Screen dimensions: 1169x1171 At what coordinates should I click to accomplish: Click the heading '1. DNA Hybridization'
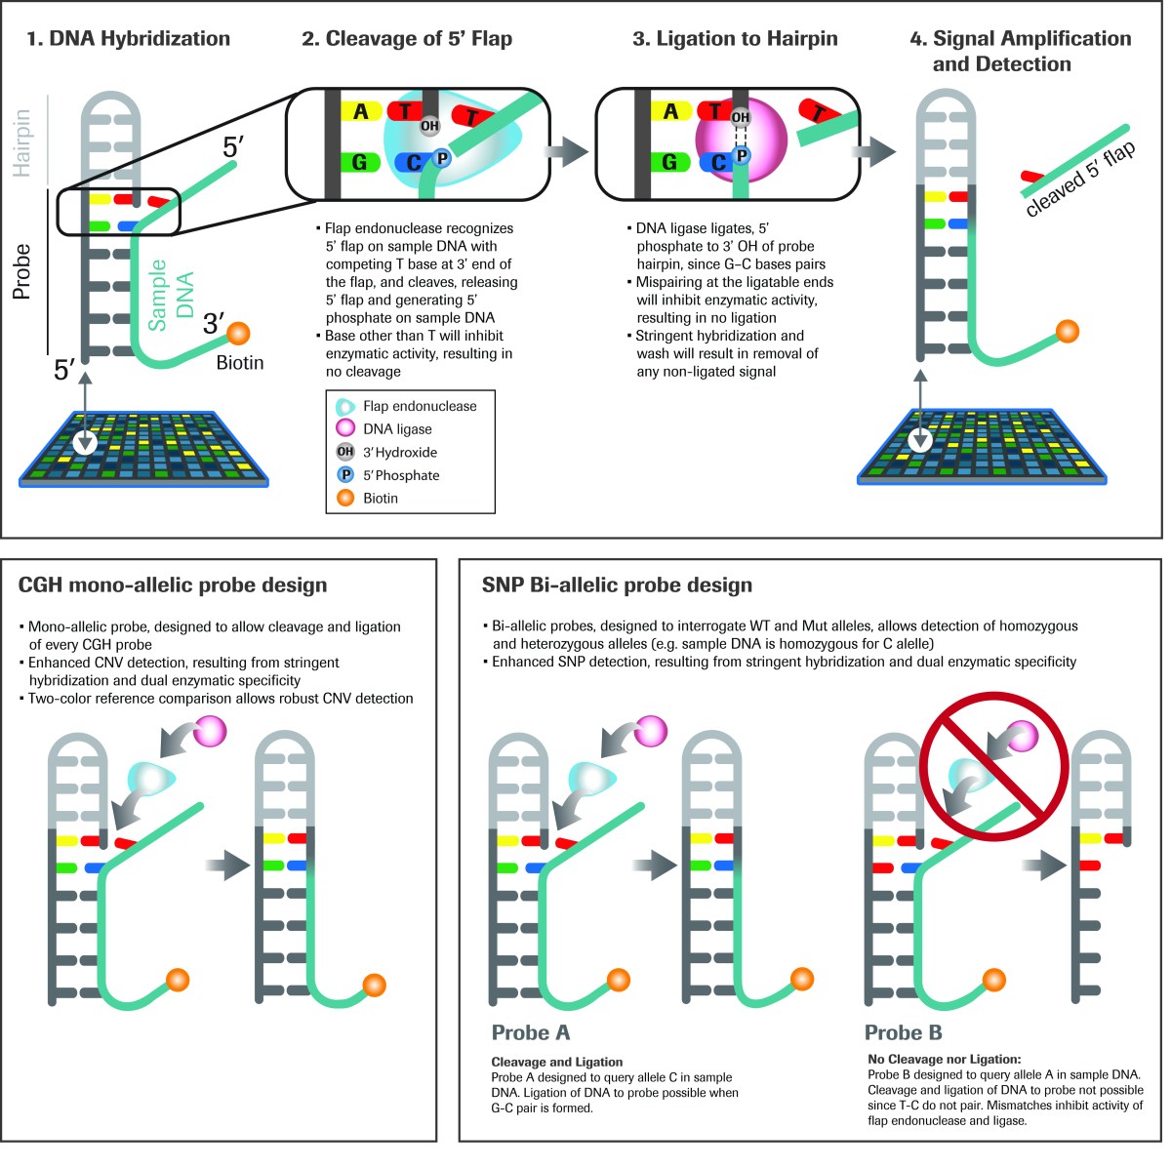[128, 39]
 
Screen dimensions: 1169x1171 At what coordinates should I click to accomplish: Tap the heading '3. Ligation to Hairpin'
[735, 39]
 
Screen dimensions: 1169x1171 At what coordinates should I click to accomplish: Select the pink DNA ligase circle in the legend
[345, 428]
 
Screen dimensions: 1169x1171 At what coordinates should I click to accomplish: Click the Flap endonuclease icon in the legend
[345, 406]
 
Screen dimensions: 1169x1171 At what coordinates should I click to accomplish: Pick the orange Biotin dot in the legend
[345, 498]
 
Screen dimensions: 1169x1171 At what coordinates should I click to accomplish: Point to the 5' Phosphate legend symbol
[345, 475]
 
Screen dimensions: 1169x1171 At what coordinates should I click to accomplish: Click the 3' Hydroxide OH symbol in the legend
[345, 452]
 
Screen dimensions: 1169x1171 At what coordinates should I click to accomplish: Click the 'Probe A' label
[531, 1032]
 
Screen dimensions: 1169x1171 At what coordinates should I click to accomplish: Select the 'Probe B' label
[904, 1032]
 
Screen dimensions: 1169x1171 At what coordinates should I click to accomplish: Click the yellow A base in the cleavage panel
[360, 112]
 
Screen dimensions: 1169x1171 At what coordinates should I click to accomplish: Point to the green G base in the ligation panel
[669, 162]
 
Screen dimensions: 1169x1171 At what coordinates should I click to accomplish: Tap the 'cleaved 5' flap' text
[1080, 180]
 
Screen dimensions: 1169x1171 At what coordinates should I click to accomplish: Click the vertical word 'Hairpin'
[21, 142]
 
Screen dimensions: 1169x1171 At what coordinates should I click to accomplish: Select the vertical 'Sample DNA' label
[171, 295]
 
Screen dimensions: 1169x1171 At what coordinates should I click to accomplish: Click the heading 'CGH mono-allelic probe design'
[173, 585]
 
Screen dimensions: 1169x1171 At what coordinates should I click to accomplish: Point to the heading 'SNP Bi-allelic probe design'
[617, 585]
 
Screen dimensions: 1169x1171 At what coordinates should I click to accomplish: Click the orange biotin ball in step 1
[238, 335]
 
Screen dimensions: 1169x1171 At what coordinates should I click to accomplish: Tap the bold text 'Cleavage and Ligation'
[556, 1062]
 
